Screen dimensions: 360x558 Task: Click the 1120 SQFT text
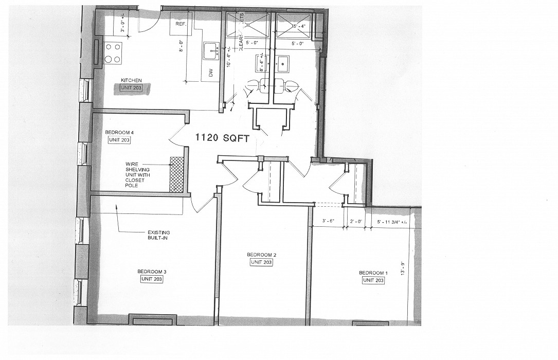pos(225,138)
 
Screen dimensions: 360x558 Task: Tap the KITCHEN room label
pos(131,80)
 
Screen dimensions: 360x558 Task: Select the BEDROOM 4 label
pos(119,132)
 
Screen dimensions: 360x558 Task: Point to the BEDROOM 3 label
pos(152,272)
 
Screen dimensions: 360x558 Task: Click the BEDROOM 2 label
pos(261,255)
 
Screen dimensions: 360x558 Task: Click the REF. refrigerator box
pos(181,24)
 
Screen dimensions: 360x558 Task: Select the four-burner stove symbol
pos(113,53)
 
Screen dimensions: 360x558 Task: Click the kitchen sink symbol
pos(211,51)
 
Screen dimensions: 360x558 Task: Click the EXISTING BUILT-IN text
pos(158,235)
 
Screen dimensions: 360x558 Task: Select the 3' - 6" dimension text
pos(328,222)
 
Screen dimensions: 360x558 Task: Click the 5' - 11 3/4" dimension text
pos(392,222)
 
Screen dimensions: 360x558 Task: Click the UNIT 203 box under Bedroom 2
pos(261,262)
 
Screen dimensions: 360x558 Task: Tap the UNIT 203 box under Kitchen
pos(131,88)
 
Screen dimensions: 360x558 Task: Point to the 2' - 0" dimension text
pos(356,222)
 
